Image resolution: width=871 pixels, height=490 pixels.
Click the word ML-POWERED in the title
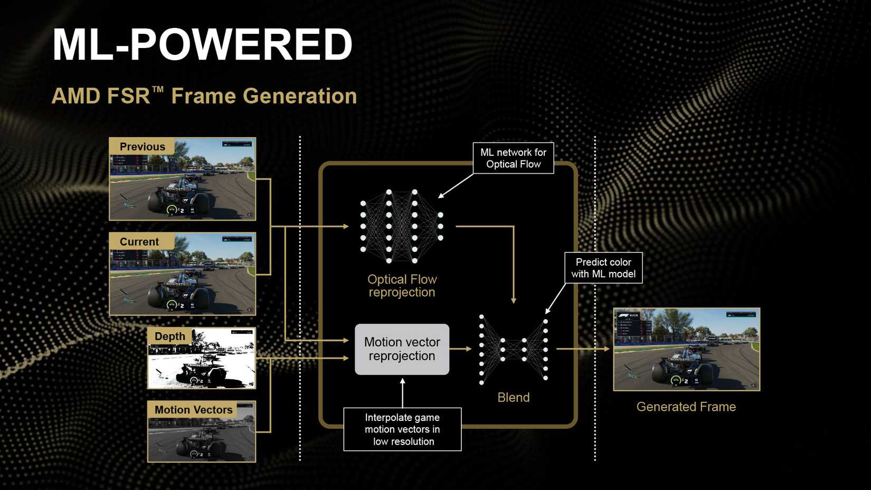pyautogui.click(x=202, y=45)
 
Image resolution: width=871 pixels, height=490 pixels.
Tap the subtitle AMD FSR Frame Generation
pyautogui.click(x=204, y=96)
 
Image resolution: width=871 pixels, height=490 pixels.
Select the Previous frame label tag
pyautogui.click(x=142, y=147)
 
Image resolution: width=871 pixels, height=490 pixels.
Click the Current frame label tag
pyautogui.click(x=139, y=242)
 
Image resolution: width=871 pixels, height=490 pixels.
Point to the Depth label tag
pyautogui.click(x=169, y=336)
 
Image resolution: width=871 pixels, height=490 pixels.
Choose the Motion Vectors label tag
pyautogui.click(x=193, y=410)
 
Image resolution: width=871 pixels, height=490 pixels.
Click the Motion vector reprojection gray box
pyautogui.click(x=402, y=349)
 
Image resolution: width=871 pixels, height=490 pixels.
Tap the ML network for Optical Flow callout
pyautogui.click(x=513, y=158)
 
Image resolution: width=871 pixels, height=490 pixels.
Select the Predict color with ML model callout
pyautogui.click(x=603, y=268)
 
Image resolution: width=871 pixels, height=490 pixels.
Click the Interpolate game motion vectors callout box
pyautogui.click(x=402, y=429)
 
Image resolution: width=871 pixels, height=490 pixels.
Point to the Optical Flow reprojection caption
pyautogui.click(x=402, y=286)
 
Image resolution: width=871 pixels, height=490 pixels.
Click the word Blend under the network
pyautogui.click(x=513, y=398)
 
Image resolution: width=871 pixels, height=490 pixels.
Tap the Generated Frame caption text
pyautogui.click(x=686, y=407)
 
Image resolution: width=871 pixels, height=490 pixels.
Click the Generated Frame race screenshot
pyautogui.click(x=686, y=350)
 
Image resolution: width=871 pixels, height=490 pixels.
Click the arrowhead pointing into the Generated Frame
pyautogui.click(x=607, y=348)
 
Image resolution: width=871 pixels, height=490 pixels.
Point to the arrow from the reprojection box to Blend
pyautogui.click(x=461, y=348)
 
